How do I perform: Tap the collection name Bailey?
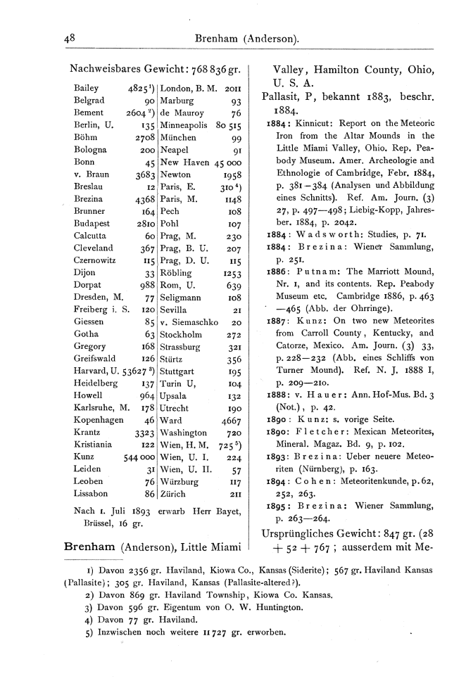(x=86, y=89)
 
